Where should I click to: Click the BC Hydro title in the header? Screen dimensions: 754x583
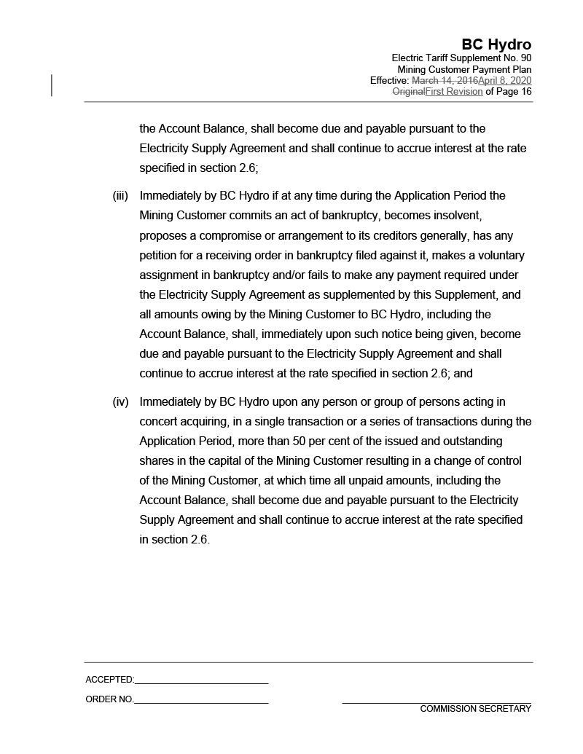[496, 45]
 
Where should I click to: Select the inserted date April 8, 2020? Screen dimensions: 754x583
[504, 80]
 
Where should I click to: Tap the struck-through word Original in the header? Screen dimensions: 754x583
[408, 92]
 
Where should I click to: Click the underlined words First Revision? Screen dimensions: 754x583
[453, 92]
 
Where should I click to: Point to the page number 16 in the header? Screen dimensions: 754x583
[525, 92]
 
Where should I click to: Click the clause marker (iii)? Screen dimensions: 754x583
[120, 196]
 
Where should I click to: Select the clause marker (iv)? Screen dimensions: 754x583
[120, 402]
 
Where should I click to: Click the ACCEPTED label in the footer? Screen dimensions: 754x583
[109, 680]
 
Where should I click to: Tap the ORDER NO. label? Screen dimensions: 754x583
[109, 699]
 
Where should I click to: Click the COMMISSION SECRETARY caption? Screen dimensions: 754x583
[475, 709]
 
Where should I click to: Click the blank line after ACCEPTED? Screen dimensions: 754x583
[201, 683]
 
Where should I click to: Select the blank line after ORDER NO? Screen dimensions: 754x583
[201, 702]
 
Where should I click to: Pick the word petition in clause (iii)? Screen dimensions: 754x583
[160, 255]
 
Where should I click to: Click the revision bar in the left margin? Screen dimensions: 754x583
[52, 85]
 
